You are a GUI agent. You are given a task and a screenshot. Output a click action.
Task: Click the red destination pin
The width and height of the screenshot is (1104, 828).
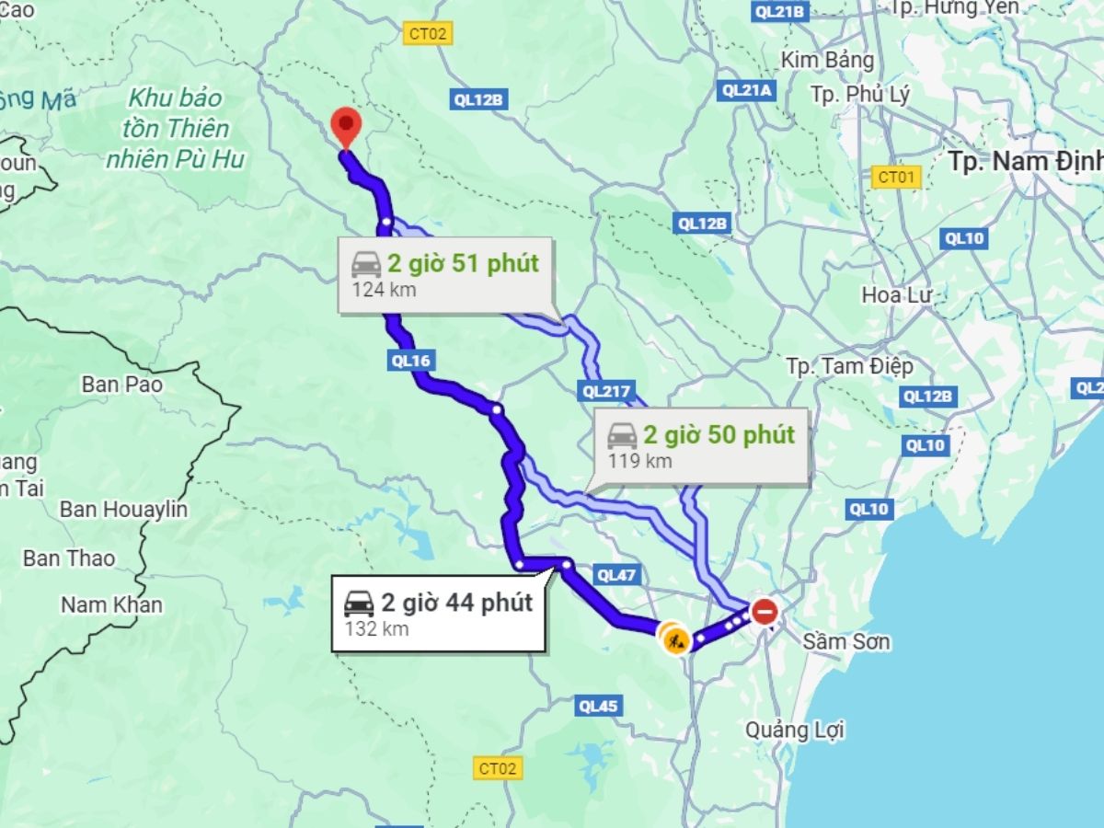click(345, 125)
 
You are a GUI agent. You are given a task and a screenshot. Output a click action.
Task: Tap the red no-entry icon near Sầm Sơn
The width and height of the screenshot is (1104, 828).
click(765, 611)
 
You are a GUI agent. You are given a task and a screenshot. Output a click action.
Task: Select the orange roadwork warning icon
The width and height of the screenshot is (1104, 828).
click(676, 639)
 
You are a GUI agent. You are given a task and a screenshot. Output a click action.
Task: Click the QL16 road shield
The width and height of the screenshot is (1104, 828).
click(409, 361)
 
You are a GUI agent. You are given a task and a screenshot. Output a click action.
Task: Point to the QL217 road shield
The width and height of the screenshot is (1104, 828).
click(606, 392)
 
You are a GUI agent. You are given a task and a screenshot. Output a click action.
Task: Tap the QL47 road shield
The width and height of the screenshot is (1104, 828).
click(615, 575)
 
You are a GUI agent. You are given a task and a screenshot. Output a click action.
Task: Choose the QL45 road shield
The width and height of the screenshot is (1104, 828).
click(599, 707)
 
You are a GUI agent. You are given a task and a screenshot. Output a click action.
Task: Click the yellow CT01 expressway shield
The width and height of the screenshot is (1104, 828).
click(895, 177)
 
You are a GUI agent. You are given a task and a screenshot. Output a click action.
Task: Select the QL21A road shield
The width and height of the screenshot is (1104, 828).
click(746, 89)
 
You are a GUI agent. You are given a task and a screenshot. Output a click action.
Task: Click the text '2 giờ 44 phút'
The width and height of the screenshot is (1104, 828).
click(457, 604)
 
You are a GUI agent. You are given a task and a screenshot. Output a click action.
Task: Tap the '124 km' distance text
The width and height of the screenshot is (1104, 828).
click(384, 290)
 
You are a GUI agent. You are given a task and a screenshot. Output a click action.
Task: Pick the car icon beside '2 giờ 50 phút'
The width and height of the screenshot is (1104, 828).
click(622, 435)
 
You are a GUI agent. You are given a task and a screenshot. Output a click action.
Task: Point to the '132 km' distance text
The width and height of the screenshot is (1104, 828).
click(377, 629)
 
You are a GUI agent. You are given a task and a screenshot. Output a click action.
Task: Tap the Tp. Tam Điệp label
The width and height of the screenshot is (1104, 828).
click(849, 366)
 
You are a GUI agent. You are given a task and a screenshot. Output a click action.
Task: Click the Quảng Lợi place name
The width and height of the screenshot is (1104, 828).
click(794, 730)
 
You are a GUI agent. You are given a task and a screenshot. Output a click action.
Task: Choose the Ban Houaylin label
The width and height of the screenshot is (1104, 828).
click(123, 509)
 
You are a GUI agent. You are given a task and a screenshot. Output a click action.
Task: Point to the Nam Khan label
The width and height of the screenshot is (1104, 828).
click(111, 604)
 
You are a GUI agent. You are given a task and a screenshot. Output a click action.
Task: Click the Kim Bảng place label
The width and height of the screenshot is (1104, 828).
click(827, 60)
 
